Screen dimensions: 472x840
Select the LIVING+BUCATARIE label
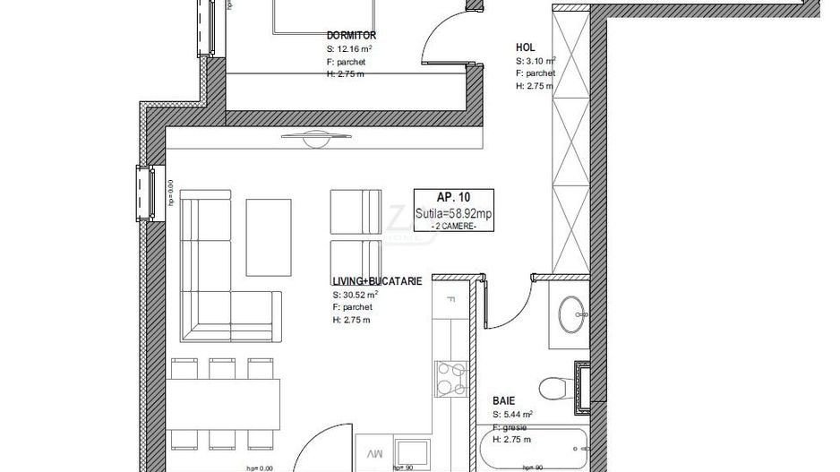(377, 281)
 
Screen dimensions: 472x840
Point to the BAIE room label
(504, 401)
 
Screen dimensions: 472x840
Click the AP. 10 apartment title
(453, 198)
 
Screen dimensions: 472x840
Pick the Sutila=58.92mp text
(453, 213)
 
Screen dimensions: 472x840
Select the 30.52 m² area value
(359, 294)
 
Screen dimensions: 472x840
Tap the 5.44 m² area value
(517, 415)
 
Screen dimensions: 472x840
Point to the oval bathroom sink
(570, 313)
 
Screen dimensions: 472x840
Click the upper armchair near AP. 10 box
(356, 211)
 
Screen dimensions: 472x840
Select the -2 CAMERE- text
(453, 227)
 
